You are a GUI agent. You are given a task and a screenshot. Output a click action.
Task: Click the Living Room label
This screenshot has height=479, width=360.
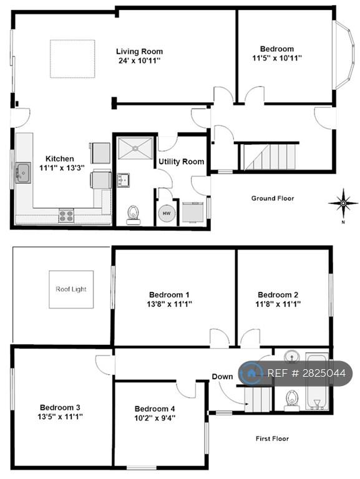[139, 51]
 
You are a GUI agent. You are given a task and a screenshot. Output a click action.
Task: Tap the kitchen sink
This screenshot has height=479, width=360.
[23, 173]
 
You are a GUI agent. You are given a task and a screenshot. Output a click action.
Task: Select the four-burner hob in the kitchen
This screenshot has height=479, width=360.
[66, 215]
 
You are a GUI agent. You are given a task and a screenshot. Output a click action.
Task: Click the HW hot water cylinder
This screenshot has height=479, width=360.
[167, 213]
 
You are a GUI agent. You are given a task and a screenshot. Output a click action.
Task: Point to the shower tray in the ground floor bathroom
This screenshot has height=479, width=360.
[135, 148]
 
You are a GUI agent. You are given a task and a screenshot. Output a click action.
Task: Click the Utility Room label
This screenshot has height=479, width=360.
[181, 162]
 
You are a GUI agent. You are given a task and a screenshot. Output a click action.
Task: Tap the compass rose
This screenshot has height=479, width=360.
[343, 203]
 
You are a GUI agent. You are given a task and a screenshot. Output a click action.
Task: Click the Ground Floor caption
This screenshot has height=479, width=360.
[273, 198]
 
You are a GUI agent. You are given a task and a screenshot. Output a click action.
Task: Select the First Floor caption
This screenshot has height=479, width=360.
[272, 438]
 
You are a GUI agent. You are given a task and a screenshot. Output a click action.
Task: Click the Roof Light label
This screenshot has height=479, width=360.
[71, 289]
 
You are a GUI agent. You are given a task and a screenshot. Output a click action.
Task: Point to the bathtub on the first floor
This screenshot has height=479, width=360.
[317, 382]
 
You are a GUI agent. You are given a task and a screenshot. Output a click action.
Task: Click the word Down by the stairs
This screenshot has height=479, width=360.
[222, 377]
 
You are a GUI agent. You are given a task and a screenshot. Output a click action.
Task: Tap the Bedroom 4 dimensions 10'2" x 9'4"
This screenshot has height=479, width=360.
[155, 418]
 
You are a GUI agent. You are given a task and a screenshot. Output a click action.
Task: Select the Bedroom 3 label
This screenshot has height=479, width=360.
[60, 407]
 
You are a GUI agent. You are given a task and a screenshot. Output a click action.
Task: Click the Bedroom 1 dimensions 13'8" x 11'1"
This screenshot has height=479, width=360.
[169, 304]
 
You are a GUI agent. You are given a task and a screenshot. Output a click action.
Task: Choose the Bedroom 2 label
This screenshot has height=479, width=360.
[278, 295]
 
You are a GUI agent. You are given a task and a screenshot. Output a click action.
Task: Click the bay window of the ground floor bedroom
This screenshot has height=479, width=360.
[345, 55]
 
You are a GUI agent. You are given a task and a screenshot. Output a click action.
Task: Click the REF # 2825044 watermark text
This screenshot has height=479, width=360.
[306, 373]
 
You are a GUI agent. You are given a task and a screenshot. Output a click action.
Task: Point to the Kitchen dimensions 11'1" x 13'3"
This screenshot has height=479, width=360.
[62, 168]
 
